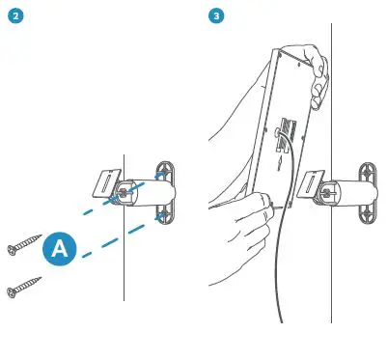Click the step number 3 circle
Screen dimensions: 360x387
point(215,16)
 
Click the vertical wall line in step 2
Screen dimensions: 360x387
point(124,270)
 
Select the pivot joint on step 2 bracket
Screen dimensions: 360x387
point(124,194)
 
